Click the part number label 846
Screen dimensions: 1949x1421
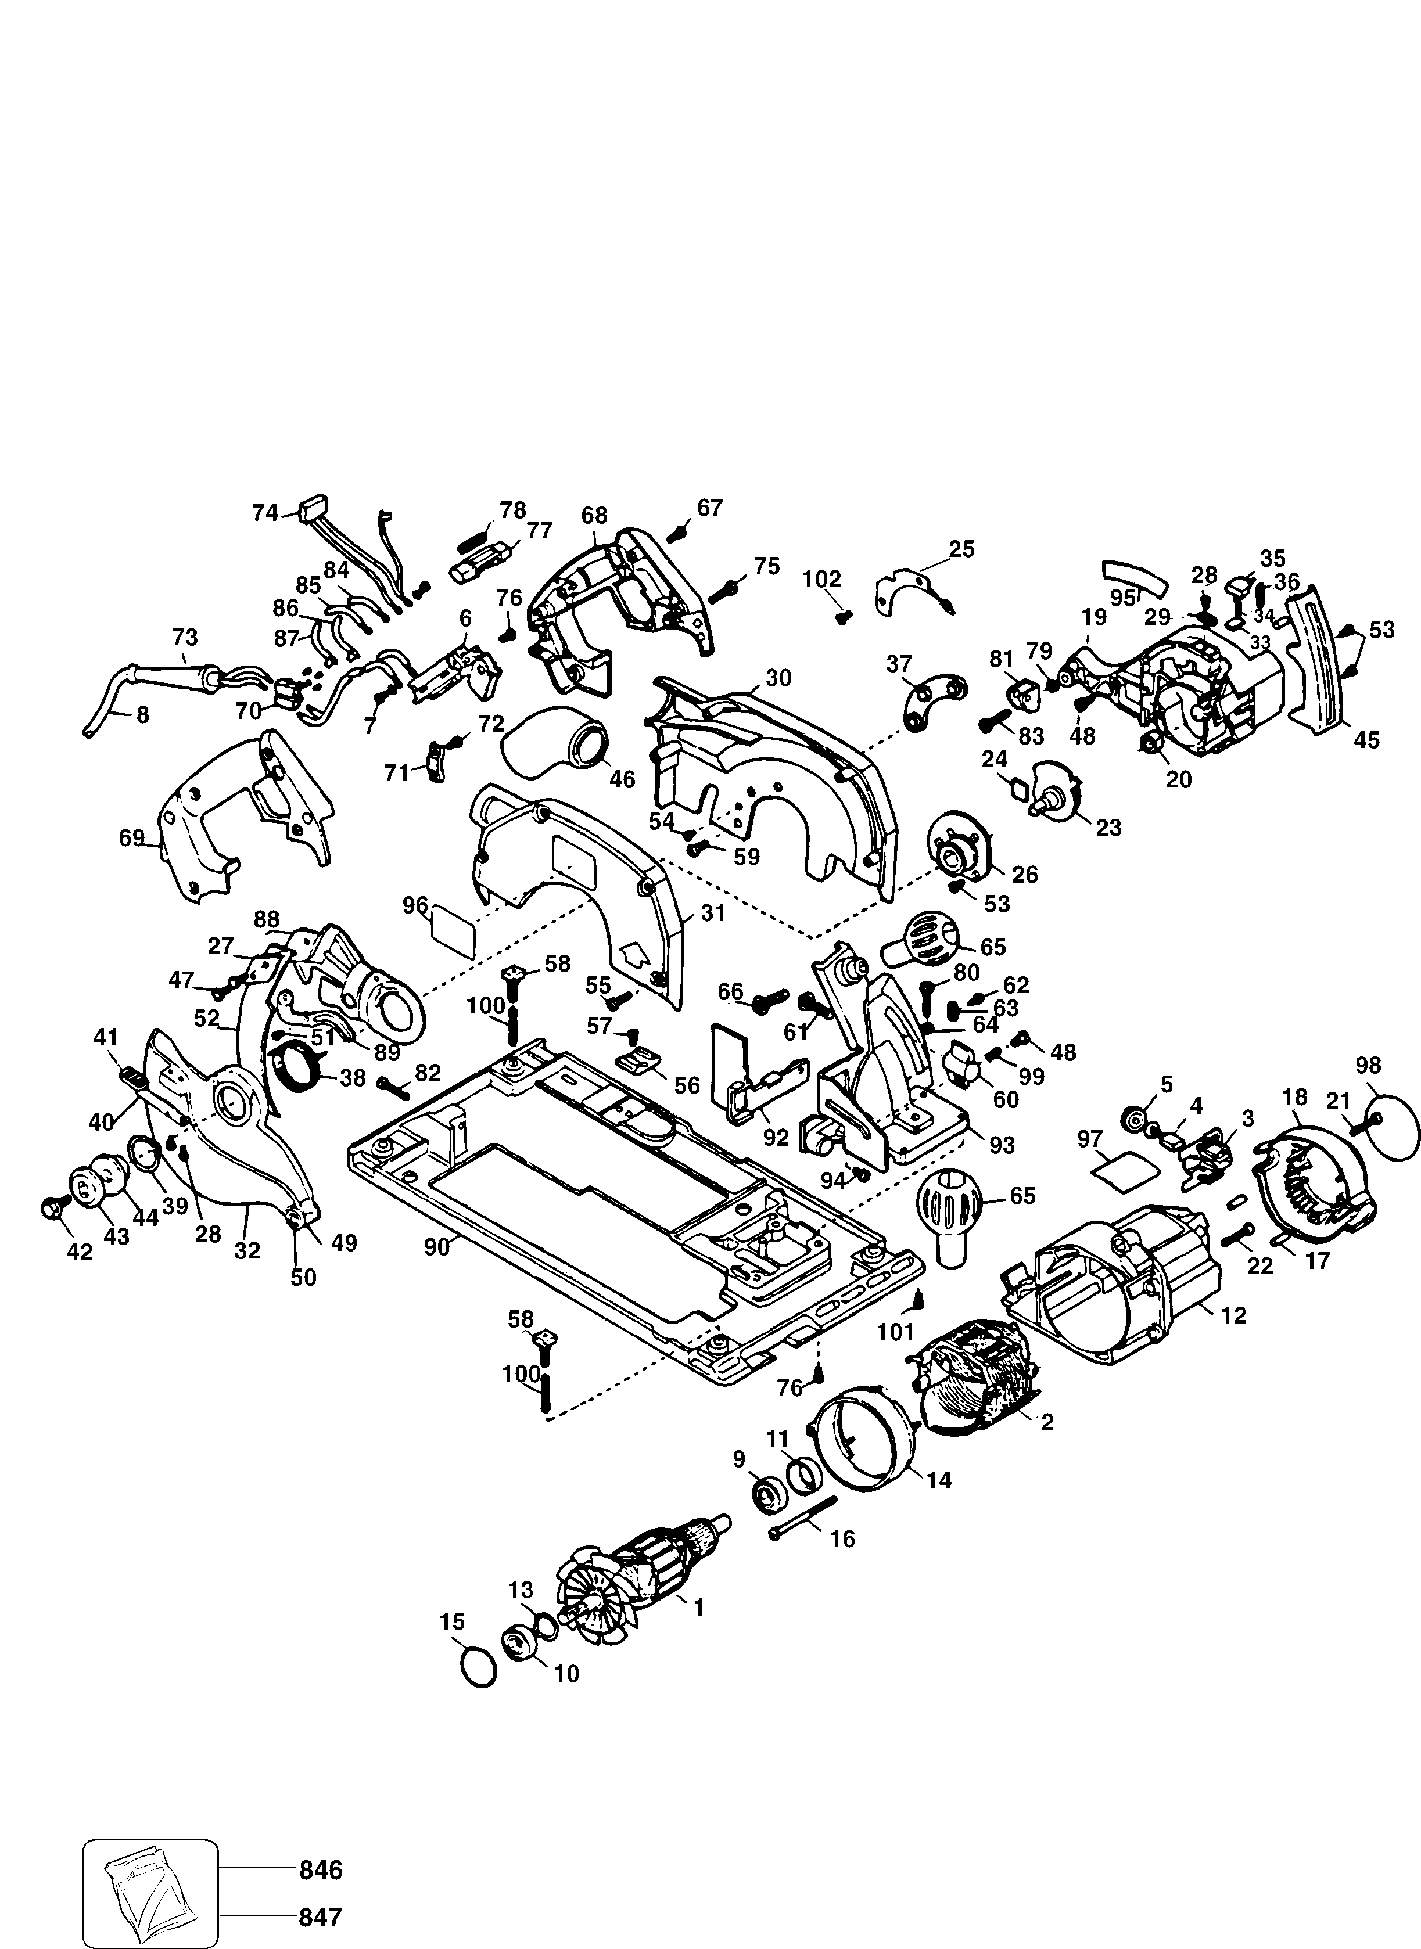click(x=321, y=1846)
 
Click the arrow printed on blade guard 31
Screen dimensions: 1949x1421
click(x=636, y=954)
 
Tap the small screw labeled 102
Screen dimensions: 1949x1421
click(x=844, y=616)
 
